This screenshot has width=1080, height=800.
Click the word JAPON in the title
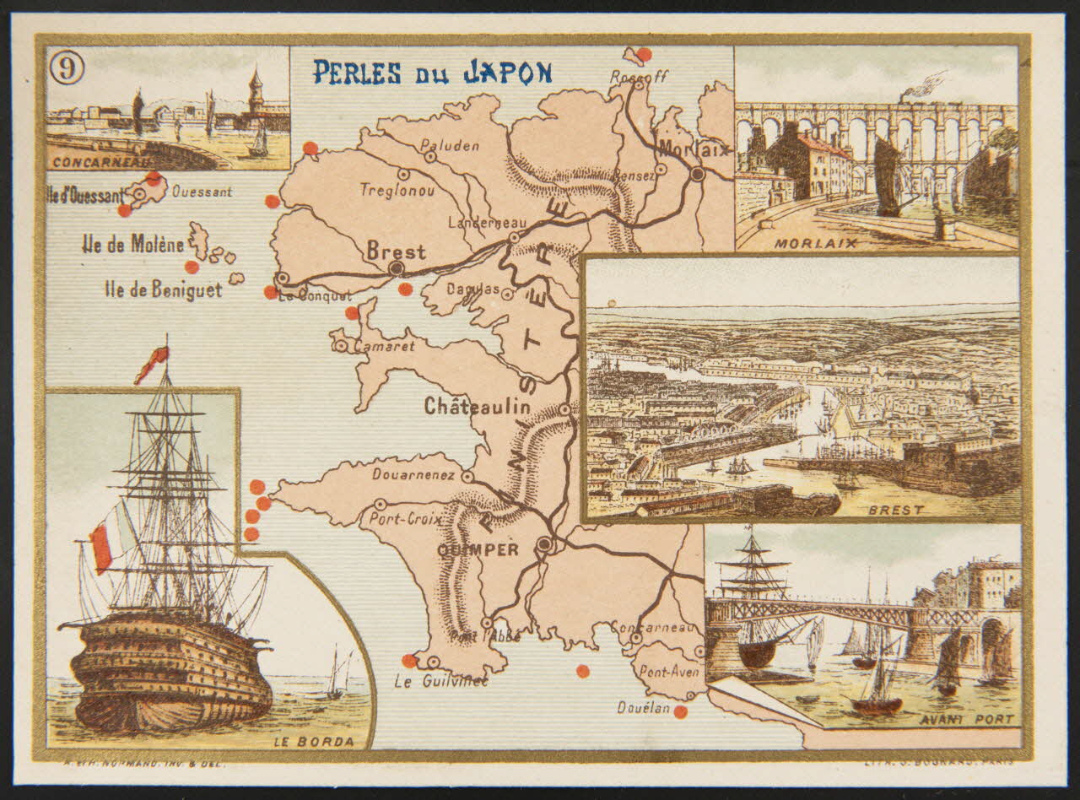507,73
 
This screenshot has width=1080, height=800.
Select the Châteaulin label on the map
477,407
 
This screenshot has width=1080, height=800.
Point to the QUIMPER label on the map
478,549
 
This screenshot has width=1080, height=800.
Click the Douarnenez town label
413,475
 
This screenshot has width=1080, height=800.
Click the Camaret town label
384,346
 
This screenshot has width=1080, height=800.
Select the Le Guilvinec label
441,681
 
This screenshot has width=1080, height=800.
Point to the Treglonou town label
397,191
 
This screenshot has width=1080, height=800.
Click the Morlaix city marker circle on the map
697,174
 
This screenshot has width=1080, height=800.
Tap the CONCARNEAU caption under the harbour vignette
100,162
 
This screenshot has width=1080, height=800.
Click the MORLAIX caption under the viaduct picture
827,243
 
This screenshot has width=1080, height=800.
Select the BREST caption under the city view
896,510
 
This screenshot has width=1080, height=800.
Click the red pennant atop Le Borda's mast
152,364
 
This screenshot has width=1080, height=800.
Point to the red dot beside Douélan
680,711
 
